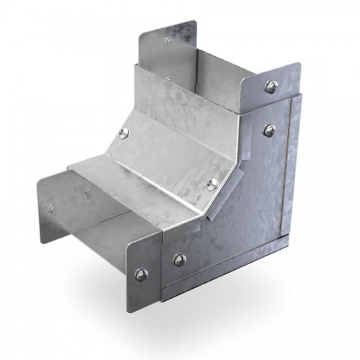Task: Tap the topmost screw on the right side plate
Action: (271, 87)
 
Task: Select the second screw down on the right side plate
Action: (269, 130)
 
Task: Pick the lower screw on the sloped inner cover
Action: (211, 184)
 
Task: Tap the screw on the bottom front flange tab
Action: (140, 273)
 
